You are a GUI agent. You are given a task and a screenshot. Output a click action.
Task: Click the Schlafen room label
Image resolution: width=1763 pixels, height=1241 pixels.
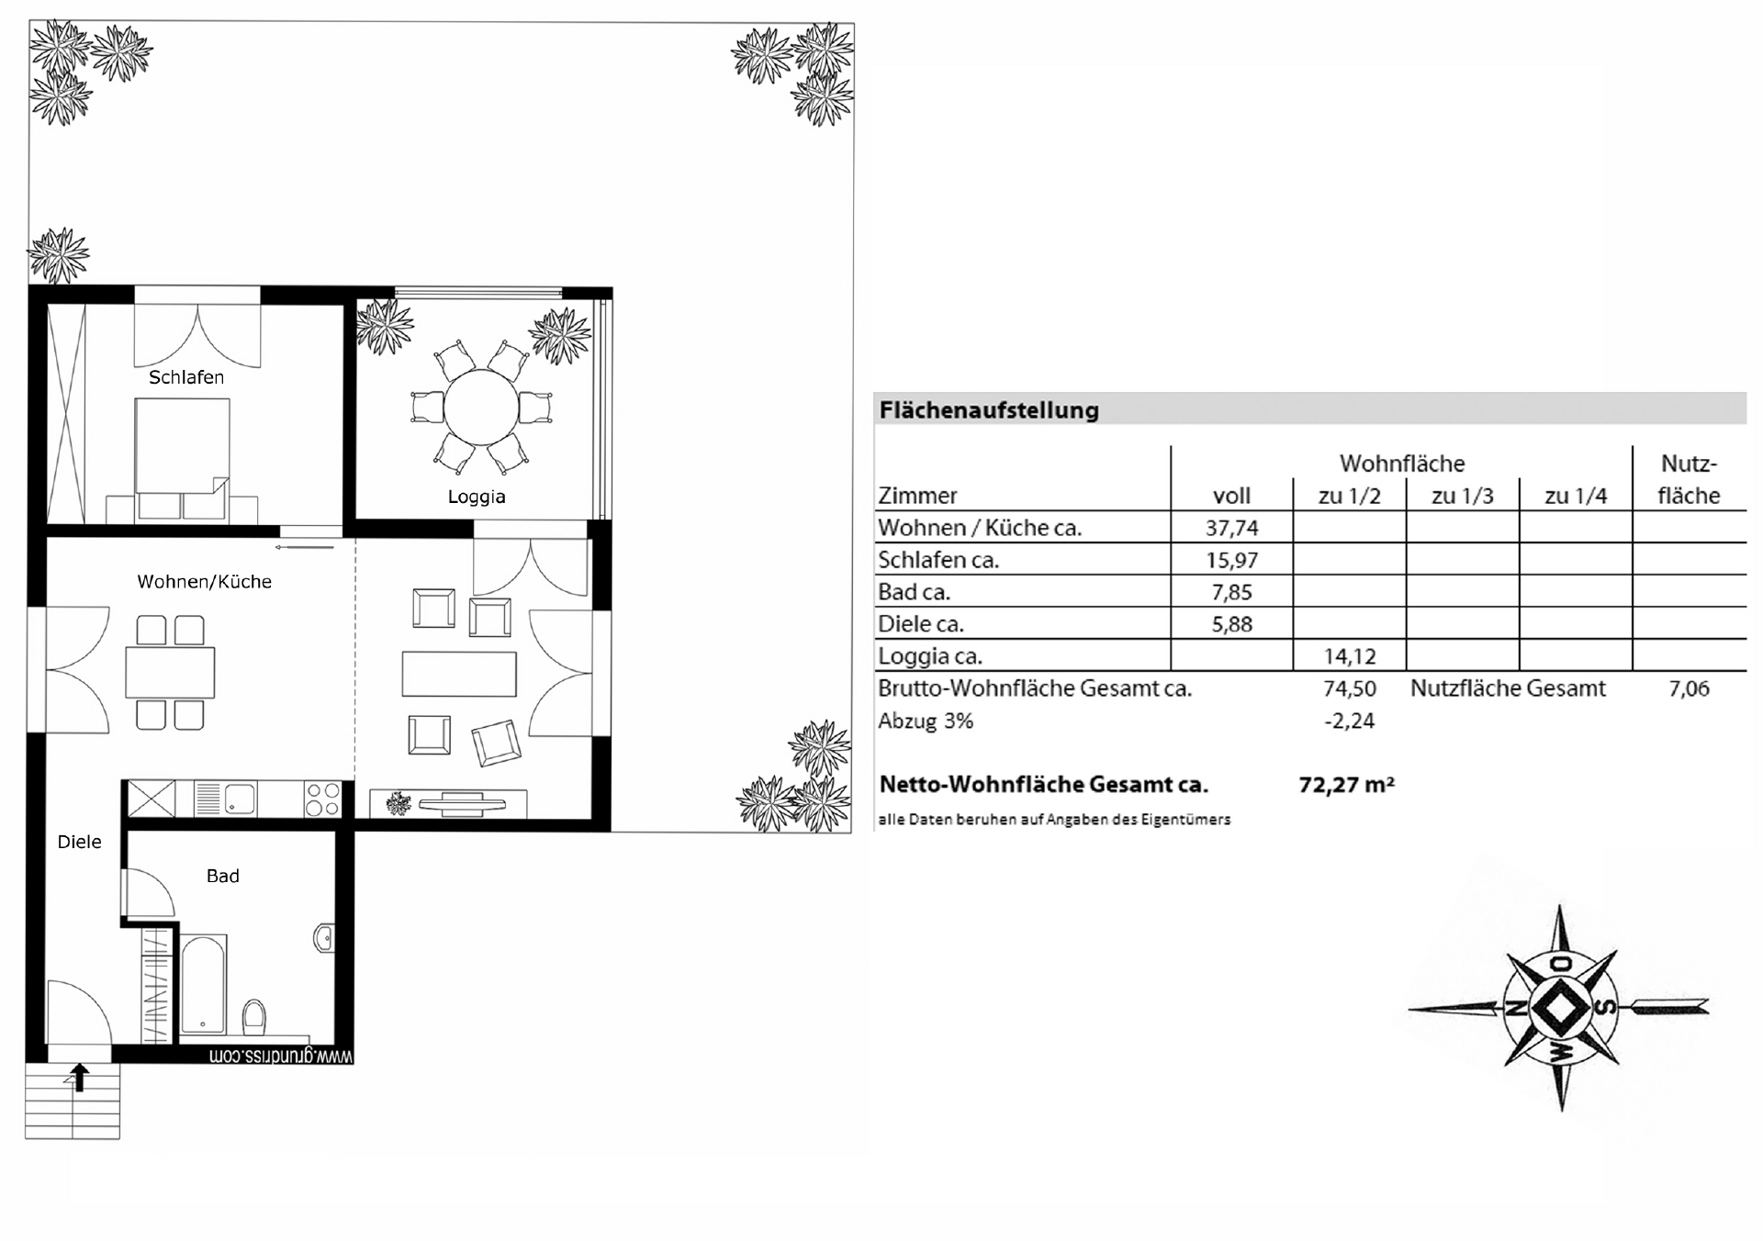click(186, 377)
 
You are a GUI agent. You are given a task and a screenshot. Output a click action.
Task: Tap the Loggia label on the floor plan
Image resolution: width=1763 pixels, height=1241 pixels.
click(477, 497)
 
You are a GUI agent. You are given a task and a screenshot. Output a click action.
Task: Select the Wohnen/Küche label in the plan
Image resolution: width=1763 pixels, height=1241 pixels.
click(204, 582)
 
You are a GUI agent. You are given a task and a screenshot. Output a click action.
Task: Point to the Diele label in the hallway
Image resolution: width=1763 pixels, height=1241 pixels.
click(79, 842)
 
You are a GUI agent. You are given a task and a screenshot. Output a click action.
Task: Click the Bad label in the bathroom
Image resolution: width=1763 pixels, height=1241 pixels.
click(222, 876)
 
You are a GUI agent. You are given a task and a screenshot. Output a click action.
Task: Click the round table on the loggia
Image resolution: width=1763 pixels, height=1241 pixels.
click(481, 406)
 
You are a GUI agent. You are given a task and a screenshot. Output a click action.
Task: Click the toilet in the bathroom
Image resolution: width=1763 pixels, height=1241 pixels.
click(254, 1016)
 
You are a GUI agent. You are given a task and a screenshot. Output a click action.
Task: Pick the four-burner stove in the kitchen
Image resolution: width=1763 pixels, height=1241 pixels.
click(322, 799)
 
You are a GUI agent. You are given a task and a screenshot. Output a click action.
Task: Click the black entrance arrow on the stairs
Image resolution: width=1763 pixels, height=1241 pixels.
click(80, 1077)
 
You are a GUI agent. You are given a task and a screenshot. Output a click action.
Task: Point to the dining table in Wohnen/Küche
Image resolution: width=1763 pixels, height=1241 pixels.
click(170, 672)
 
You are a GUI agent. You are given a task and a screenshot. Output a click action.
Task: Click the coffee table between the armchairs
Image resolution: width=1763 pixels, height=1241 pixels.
click(459, 673)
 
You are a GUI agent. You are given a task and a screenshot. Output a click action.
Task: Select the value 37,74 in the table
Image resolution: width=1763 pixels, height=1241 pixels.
click(1231, 528)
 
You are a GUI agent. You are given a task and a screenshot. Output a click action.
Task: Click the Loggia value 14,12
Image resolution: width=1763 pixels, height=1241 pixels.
click(1349, 656)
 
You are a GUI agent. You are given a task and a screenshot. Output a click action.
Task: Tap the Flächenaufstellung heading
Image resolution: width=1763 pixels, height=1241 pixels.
click(989, 409)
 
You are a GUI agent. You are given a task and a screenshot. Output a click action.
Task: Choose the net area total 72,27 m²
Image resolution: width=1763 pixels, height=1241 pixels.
click(1346, 785)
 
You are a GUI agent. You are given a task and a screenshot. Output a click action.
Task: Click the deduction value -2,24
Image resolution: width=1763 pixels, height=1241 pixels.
click(1349, 721)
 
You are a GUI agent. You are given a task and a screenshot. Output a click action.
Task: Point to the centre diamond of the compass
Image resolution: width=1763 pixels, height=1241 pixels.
click(1559, 1008)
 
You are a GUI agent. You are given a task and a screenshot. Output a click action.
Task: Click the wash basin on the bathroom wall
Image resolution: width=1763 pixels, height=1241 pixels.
click(323, 938)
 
